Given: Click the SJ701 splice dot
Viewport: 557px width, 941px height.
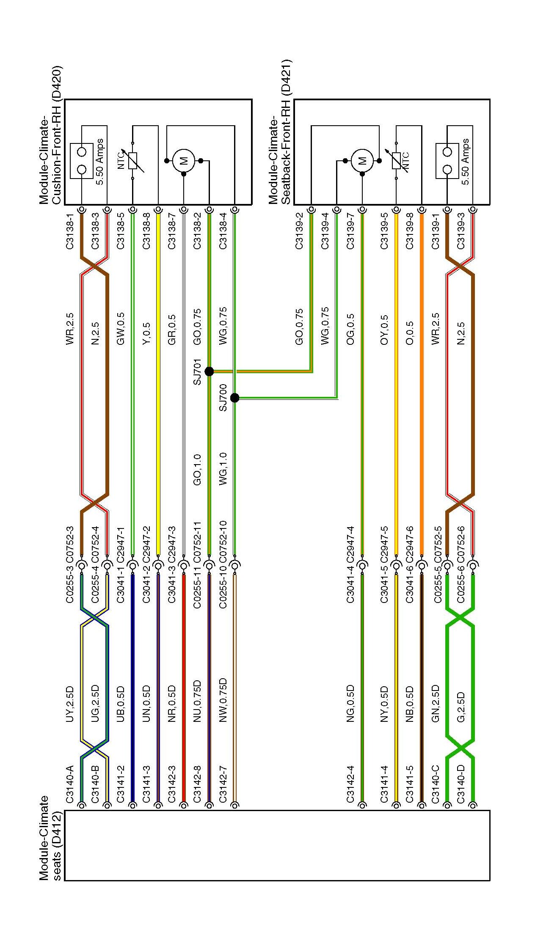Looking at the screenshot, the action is tap(209, 371).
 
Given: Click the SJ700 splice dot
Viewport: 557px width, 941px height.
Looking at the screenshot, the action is tap(235, 398).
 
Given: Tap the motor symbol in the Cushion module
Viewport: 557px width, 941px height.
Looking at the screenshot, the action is tap(184, 161).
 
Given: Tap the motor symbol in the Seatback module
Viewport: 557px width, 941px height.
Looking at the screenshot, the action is tap(362, 161).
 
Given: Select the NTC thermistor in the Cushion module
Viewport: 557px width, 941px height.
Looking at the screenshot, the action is tap(133, 161).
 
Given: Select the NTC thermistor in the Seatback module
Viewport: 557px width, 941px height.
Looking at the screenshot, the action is tap(396, 161).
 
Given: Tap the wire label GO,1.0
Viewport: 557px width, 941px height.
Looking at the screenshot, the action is tap(198, 469).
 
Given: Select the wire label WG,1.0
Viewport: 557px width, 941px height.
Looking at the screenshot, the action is tap(223, 468).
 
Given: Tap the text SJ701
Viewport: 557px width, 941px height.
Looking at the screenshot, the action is tap(198, 372).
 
